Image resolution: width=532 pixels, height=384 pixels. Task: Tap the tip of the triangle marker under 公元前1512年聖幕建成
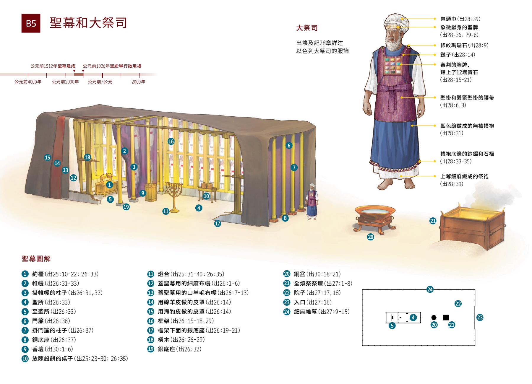(x=74, y=72)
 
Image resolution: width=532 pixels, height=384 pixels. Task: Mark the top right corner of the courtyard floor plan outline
(x=475, y=290)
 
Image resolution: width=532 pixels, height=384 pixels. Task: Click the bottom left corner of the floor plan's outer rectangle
(x=362, y=345)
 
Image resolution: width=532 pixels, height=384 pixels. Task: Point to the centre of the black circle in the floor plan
(x=434, y=318)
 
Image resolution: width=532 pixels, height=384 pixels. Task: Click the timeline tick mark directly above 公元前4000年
(x=28, y=76)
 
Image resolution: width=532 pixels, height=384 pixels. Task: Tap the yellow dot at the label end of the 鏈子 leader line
(x=435, y=55)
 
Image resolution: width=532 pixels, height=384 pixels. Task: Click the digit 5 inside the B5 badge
(x=33, y=23)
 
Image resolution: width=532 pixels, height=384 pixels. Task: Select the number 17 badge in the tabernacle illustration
(x=218, y=224)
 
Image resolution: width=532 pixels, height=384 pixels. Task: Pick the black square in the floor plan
(x=446, y=318)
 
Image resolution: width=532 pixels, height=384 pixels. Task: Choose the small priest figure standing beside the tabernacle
(x=311, y=202)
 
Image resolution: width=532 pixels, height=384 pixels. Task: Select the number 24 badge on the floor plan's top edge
(x=430, y=289)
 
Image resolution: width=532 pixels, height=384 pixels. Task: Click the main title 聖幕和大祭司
(x=88, y=23)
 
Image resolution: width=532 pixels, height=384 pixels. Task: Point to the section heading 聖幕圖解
(x=36, y=259)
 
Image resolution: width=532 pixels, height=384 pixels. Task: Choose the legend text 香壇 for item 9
(x=38, y=349)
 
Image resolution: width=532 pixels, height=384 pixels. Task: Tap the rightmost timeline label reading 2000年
(x=138, y=82)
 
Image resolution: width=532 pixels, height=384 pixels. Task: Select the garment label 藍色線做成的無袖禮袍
(x=467, y=126)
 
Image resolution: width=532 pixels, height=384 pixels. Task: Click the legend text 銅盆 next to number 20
(x=300, y=274)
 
